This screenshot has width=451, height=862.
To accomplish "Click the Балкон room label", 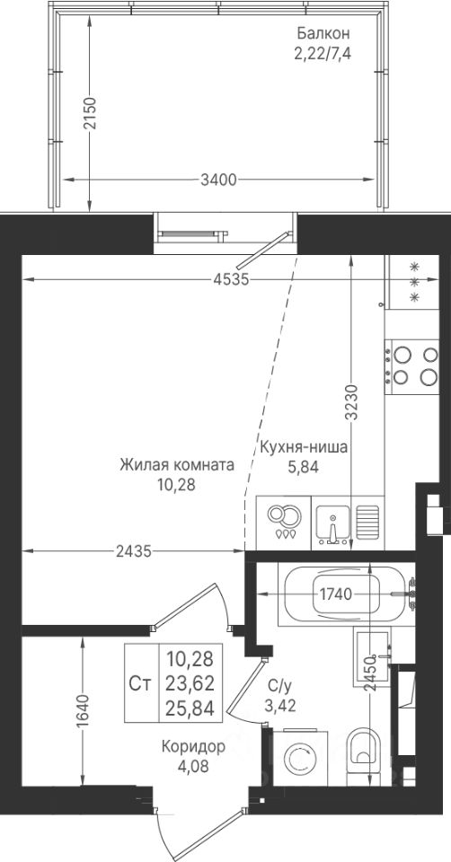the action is tap(323, 33).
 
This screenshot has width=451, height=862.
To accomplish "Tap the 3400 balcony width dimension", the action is tap(218, 180).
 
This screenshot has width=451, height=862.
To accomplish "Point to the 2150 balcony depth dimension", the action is tap(90, 112).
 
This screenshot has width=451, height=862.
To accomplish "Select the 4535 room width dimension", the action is tap(232, 280).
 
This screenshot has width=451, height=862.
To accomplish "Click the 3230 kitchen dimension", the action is tap(351, 402).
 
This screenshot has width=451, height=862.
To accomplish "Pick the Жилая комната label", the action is tap(177, 465).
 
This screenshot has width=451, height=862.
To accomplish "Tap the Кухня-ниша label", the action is tap(304, 447).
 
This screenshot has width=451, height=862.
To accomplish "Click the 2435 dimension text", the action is tap(133, 550).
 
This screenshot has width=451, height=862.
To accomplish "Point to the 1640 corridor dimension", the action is tap(83, 711).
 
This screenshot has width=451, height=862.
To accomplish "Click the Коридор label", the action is tap(193, 746).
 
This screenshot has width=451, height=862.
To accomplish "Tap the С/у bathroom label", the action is tap(279, 685).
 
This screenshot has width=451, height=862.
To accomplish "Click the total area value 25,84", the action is tap(190, 706).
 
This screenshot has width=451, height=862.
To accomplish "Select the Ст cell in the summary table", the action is tap(141, 683).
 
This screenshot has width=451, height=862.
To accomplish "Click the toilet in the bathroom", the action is tap(365, 752).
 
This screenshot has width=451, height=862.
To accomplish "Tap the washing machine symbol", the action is tap(298, 758).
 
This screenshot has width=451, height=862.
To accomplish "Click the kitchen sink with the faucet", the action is tap(332, 523).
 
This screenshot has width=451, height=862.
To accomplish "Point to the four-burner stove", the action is tap(412, 366).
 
